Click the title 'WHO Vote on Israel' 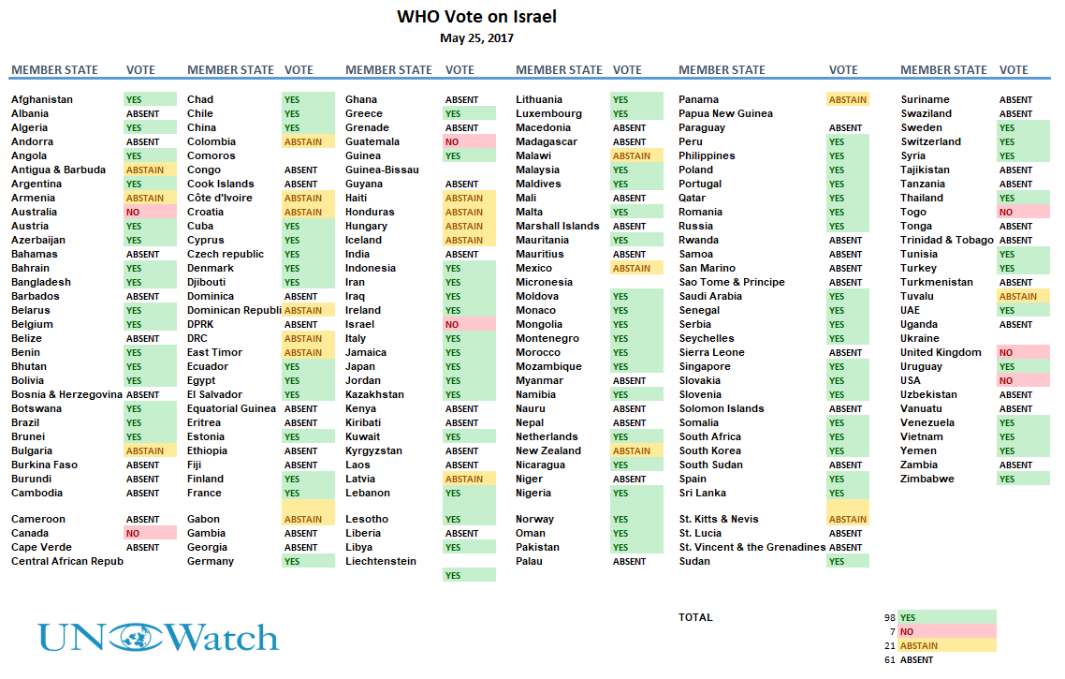pyautogui.click(x=476, y=16)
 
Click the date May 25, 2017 pyautogui.click(x=476, y=38)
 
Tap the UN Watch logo pyautogui.click(x=157, y=638)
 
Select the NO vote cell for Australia pyautogui.click(x=150, y=212)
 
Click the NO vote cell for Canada pyautogui.click(x=150, y=534)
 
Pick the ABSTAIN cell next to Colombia pyautogui.click(x=308, y=142)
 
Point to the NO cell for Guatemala pyautogui.click(x=469, y=142)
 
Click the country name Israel pyautogui.click(x=359, y=324)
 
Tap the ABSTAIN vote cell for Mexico pyautogui.click(x=636, y=269)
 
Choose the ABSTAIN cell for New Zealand pyautogui.click(x=636, y=450)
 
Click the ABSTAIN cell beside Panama pyautogui.click(x=848, y=100)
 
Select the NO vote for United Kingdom pyautogui.click(x=1023, y=353)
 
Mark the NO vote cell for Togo pyautogui.click(x=1023, y=212)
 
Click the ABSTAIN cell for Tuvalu pyautogui.click(x=1023, y=296)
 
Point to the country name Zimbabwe pyautogui.click(x=927, y=479)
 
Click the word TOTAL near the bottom pyautogui.click(x=695, y=617)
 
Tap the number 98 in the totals pyautogui.click(x=890, y=618)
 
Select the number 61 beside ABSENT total pyautogui.click(x=890, y=660)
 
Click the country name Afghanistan pyautogui.click(x=42, y=99)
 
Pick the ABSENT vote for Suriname pyautogui.click(x=1015, y=100)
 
